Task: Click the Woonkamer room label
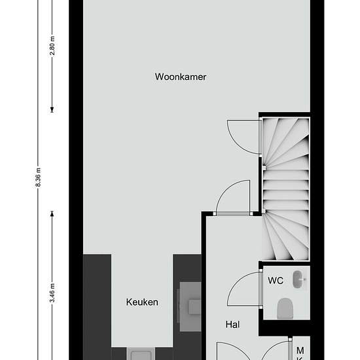pos(181,77)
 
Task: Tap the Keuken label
pos(142,302)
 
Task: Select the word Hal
pos(232,325)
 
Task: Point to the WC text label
pos(276,281)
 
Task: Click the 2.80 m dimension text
pos(52,46)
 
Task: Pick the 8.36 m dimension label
pos(38,177)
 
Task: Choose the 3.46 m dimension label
pos(52,293)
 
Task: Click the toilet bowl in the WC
pos(285,308)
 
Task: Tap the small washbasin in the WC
pos(298,279)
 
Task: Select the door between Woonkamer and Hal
pos(232,213)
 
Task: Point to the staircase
pos(286,189)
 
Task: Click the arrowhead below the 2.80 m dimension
pos(52,109)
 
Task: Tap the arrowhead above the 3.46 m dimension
pos(52,214)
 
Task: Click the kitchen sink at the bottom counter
pos(141,354)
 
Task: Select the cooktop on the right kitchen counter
pos(190,307)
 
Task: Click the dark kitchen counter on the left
pos(97,307)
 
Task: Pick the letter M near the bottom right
pos(300,351)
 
